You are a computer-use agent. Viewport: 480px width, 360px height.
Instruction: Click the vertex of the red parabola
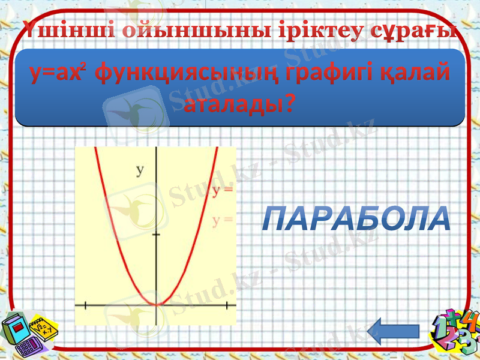(156, 304)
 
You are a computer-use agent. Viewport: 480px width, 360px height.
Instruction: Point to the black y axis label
(140, 170)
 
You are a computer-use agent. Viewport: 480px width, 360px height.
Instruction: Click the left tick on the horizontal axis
(86, 305)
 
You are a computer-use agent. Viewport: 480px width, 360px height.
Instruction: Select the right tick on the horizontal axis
(226, 305)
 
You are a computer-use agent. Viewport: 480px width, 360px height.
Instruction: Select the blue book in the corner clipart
(17, 329)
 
